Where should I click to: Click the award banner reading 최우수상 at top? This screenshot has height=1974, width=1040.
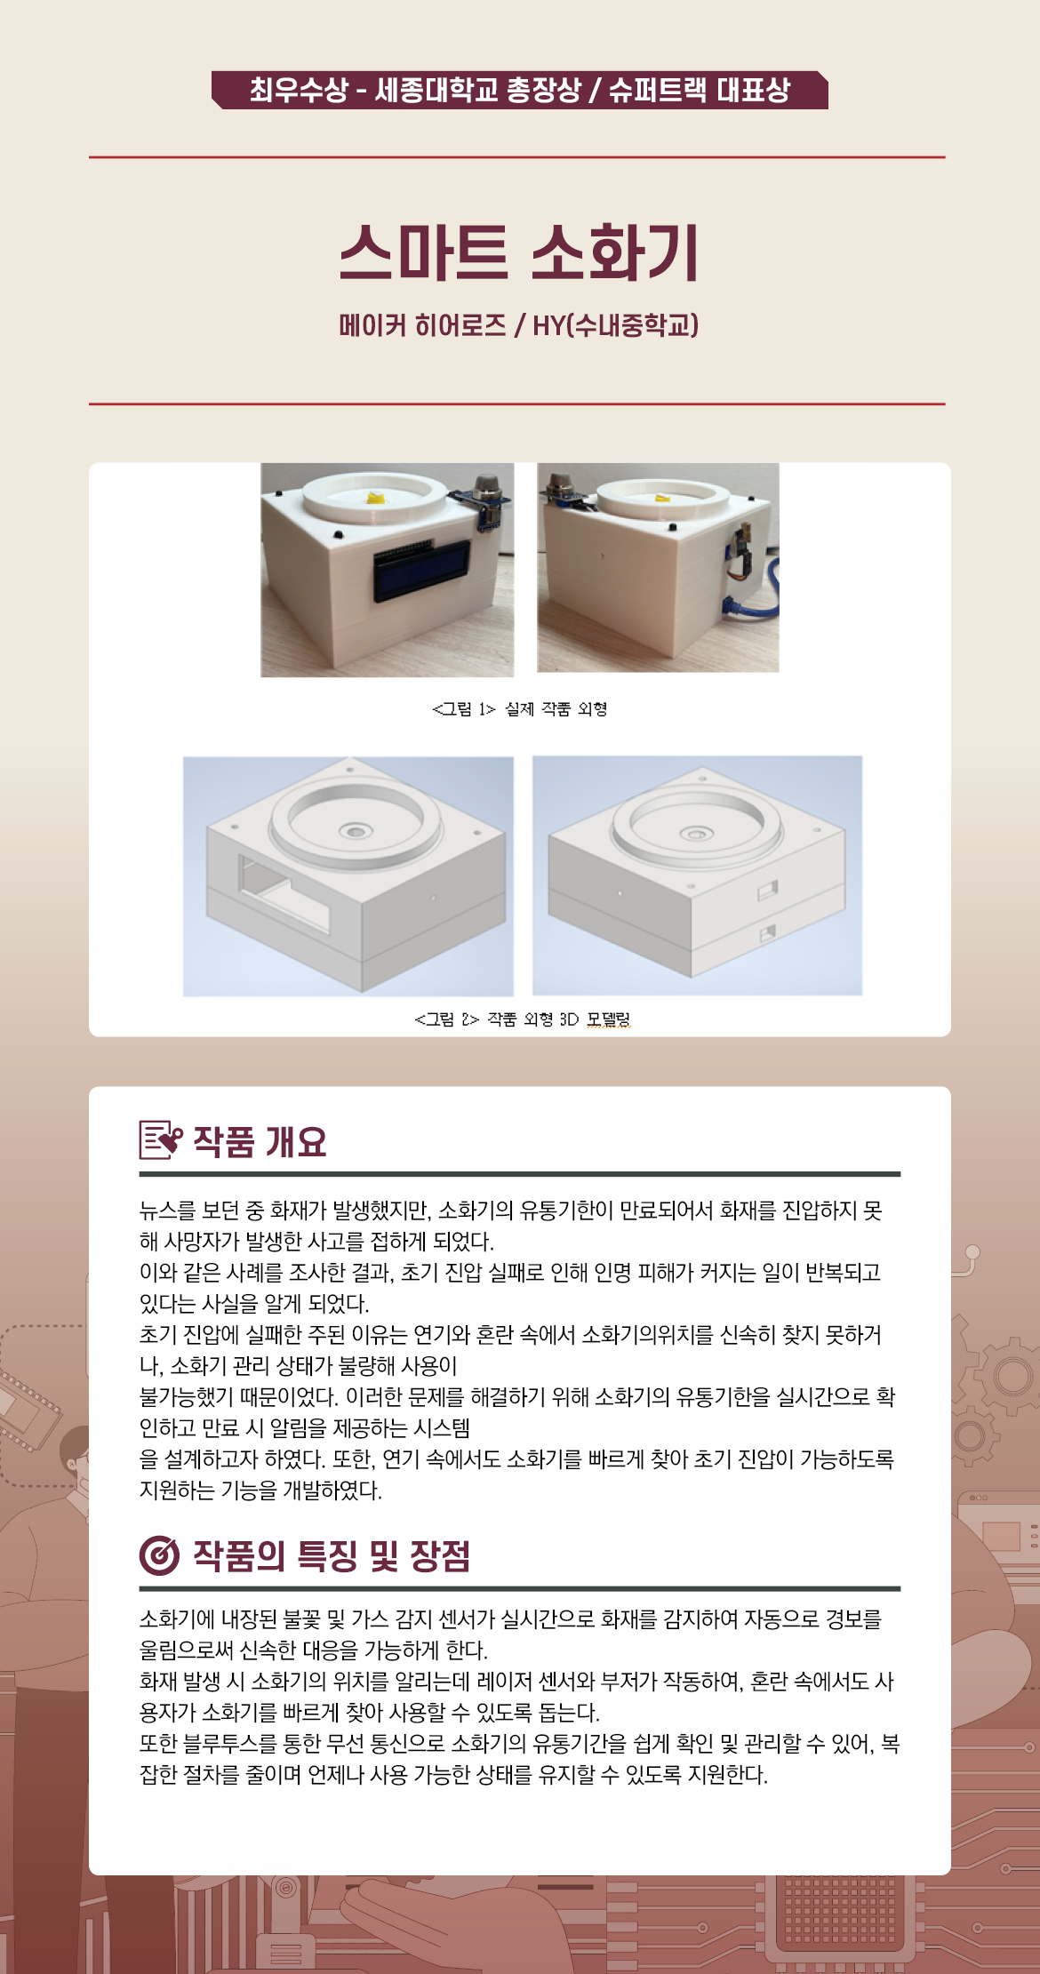tap(520, 90)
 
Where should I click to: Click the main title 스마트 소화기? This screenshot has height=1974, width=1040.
tap(520, 252)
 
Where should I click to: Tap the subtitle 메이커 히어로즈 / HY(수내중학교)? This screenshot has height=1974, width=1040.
tap(519, 324)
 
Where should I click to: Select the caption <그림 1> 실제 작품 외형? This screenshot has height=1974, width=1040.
tap(519, 708)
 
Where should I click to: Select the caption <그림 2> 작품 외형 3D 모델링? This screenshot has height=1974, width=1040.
tap(523, 1019)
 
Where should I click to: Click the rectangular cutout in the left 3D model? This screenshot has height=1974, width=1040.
tap(283, 893)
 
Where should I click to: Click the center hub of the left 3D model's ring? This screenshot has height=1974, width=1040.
tap(356, 832)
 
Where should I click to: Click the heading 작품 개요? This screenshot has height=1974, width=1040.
tap(260, 1141)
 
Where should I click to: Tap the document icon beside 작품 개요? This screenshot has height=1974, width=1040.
tap(161, 1140)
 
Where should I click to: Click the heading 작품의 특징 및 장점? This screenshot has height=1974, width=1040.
tap(332, 1555)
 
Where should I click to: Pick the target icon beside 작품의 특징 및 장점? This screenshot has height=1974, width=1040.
tap(160, 1555)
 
